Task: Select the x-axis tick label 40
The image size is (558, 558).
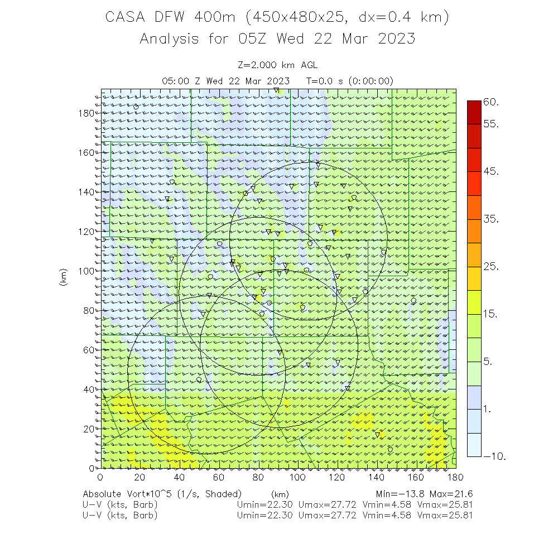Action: click(x=179, y=477)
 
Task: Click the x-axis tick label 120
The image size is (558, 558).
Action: click(x=338, y=477)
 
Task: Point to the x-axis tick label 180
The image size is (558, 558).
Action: click(x=456, y=477)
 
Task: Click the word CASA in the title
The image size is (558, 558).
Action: click(x=125, y=18)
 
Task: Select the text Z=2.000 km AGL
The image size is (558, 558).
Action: click(x=278, y=66)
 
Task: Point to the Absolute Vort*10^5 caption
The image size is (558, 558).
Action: click(x=162, y=494)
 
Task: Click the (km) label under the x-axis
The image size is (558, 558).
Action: click(x=280, y=494)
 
